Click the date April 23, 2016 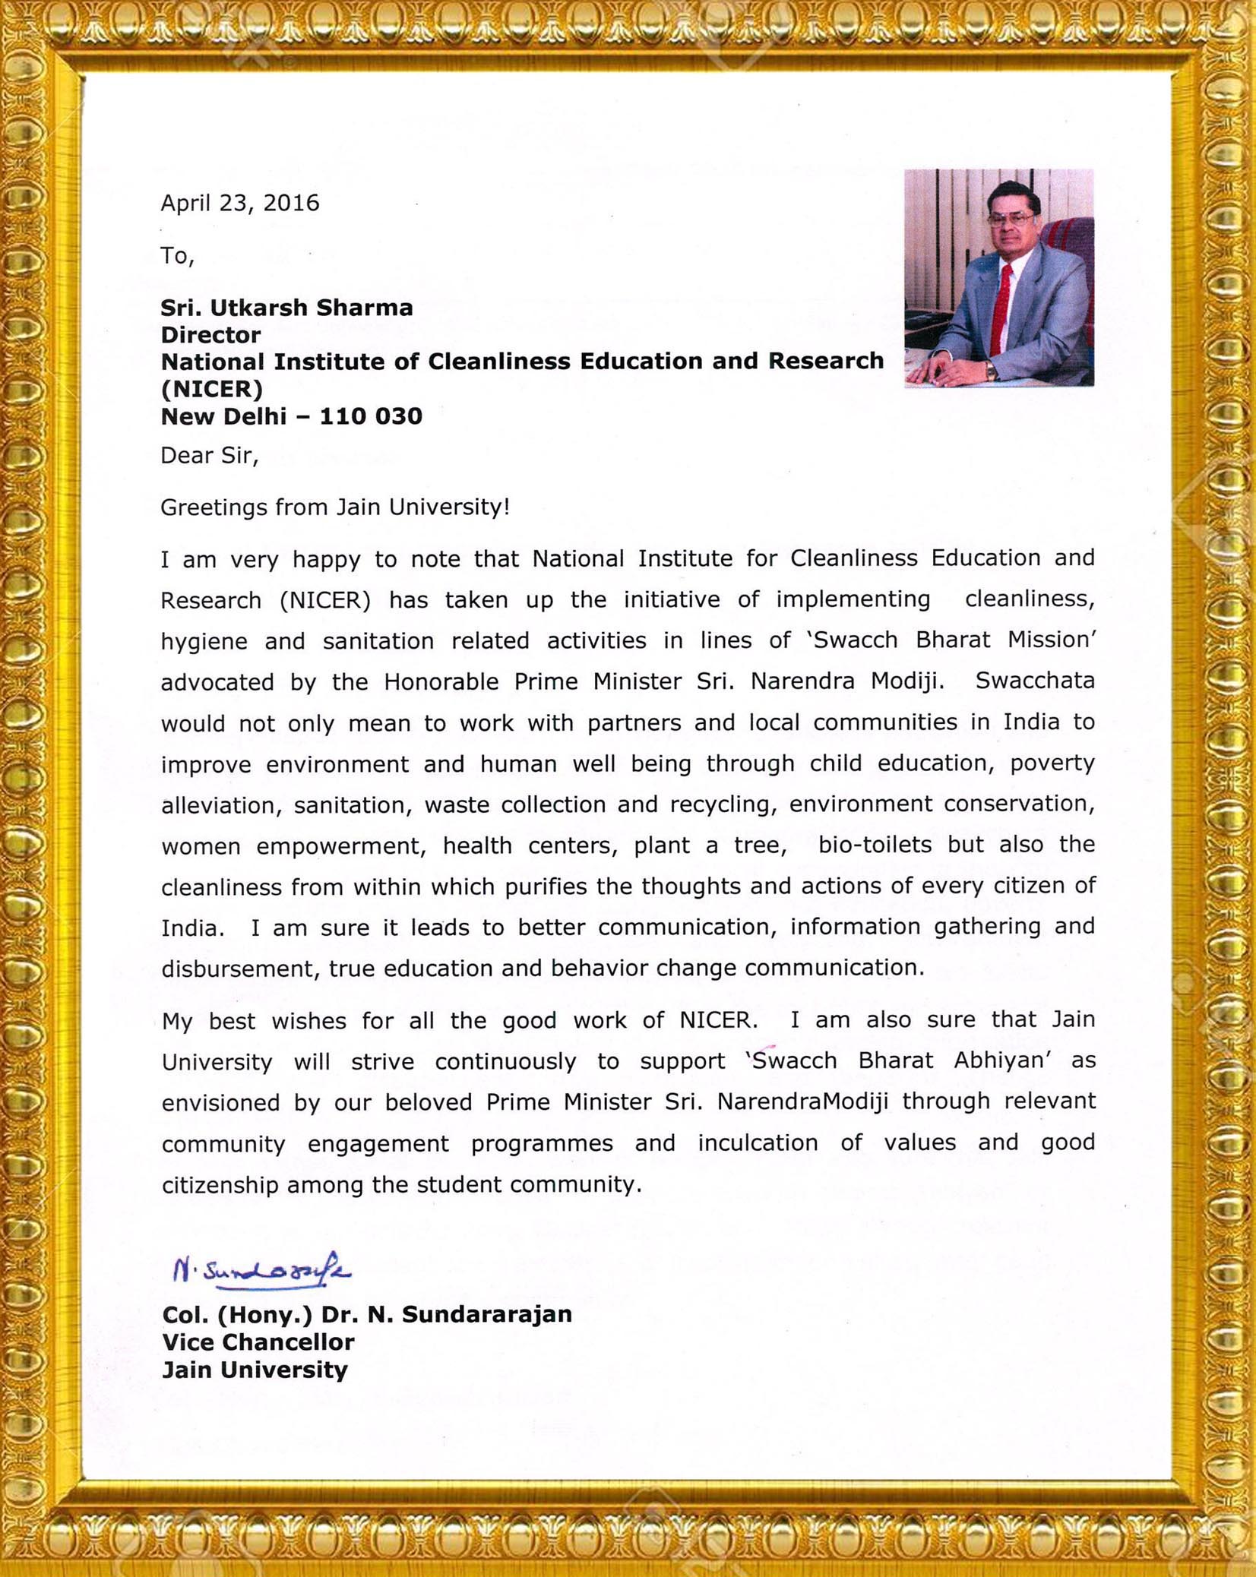coord(239,204)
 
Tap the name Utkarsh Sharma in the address coord(312,308)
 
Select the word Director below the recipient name coord(210,335)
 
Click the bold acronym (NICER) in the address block coord(211,389)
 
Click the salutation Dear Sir coord(209,456)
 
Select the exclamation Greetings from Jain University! coord(335,507)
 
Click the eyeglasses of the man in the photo coord(1011,220)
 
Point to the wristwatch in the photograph coord(990,371)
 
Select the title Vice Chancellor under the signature coord(258,1342)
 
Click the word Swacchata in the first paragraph coord(1034,681)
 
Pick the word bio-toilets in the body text coord(875,845)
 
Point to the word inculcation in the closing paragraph coord(758,1143)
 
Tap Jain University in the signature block coord(255,1370)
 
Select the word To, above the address coord(177,256)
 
